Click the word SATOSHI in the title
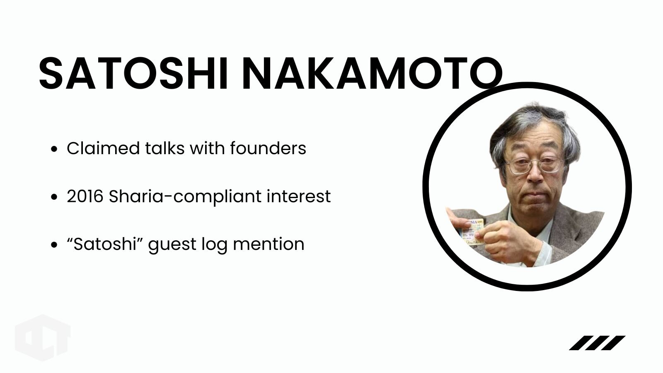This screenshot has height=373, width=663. [x=133, y=73]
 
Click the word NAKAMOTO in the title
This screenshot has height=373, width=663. [x=373, y=73]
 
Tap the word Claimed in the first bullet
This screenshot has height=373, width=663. [x=103, y=148]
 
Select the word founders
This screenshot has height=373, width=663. [x=268, y=148]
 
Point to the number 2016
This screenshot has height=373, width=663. [x=85, y=196]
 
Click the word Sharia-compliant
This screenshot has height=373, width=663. [x=185, y=197]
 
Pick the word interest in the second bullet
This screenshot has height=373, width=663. [x=299, y=196]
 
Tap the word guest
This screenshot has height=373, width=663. [x=172, y=246]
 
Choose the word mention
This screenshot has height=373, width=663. [x=269, y=245]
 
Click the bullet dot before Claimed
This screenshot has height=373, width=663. [x=54, y=149]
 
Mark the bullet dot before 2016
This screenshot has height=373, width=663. [x=54, y=197]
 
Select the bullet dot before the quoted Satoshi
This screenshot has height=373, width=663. [x=54, y=245]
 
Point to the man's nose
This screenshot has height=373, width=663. [x=535, y=174]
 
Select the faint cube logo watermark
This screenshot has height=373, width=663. [x=43, y=338]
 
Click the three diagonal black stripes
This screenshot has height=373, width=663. [x=597, y=343]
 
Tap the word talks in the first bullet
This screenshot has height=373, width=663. [x=165, y=148]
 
